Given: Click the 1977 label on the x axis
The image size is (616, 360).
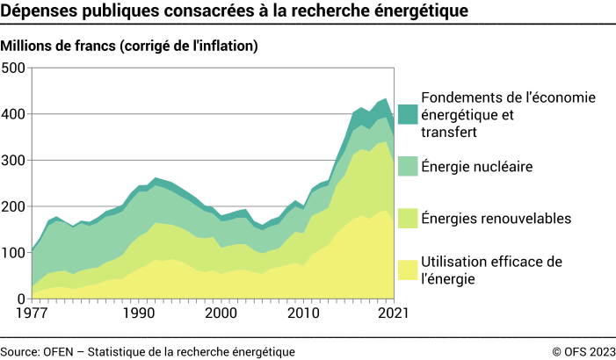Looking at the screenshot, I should click(32, 313).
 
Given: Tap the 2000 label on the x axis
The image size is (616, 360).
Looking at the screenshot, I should click(221, 313).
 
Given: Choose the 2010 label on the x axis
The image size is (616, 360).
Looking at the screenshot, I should click(304, 313).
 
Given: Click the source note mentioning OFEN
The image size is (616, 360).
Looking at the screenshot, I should click(148, 350).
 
